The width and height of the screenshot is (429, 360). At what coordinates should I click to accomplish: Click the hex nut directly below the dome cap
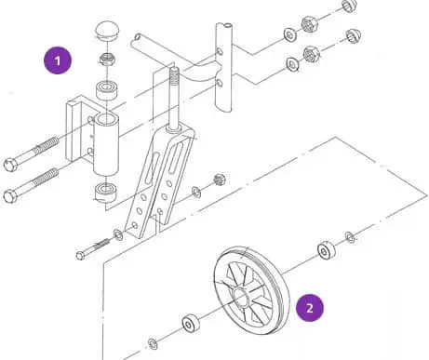(x=106, y=62)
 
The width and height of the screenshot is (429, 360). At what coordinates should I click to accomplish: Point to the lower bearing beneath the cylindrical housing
(x=106, y=193)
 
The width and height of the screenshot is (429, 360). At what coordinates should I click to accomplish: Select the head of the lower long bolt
(x=11, y=196)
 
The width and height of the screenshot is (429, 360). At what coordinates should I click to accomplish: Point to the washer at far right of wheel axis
(x=350, y=238)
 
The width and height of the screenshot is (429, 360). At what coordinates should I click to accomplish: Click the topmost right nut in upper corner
(x=349, y=7)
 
